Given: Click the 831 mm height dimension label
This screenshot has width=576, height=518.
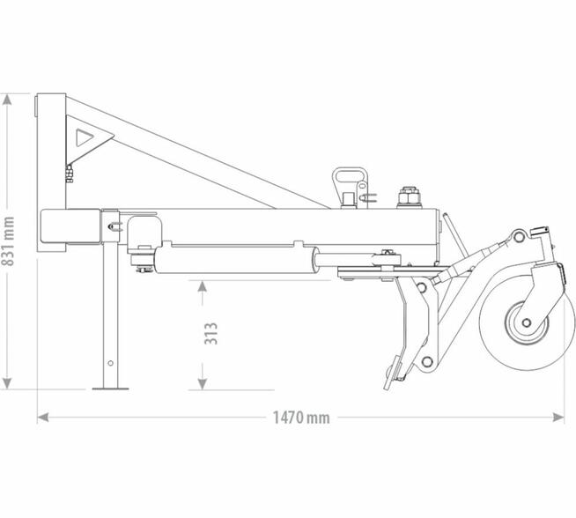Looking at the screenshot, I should [x=9, y=240].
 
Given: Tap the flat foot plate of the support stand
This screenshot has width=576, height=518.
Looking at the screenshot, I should [x=110, y=387].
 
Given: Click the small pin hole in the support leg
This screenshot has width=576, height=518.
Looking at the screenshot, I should [x=110, y=362].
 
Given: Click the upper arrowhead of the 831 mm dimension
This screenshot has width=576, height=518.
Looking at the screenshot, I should [x=9, y=97].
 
